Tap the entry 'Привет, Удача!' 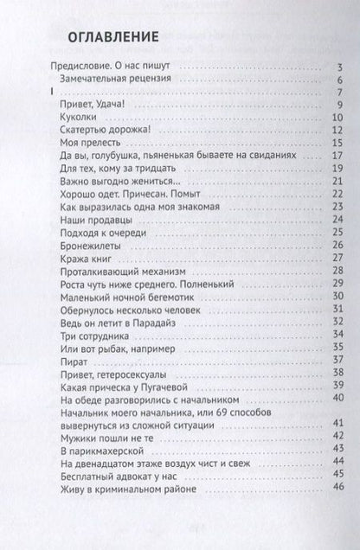tap(94, 106)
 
